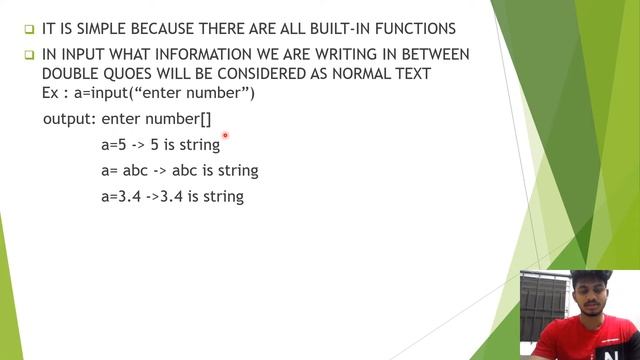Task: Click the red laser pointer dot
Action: point(226,135)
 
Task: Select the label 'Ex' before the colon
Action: point(52,94)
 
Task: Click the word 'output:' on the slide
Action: point(69,119)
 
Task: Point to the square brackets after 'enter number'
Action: point(204,119)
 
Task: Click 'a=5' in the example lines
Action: point(113,145)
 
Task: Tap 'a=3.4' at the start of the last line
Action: point(120,197)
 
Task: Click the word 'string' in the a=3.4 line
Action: point(223,197)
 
